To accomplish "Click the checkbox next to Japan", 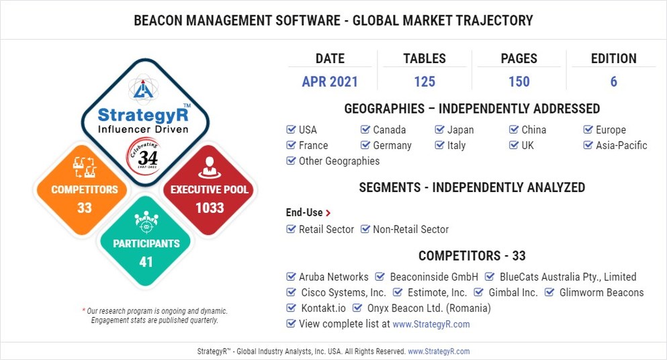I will point(440,130).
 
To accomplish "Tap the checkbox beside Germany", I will point(365,145).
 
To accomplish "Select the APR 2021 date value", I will point(330,82).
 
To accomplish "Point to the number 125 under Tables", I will point(425,82).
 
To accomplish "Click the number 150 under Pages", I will point(519,82).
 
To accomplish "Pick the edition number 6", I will point(613,82).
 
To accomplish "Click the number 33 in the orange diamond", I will point(84,208).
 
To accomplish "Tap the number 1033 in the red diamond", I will point(209,208).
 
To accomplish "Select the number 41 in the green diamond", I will point(146,262).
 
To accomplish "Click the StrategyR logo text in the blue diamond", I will point(142,114).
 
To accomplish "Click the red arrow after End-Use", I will point(328,213).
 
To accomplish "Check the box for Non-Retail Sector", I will point(365,229).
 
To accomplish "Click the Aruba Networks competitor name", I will point(333,277).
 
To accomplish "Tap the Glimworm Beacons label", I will point(601,292).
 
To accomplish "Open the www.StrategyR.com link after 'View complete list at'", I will point(431,324).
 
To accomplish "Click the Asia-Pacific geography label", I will point(621,145).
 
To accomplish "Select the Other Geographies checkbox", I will point(291,161).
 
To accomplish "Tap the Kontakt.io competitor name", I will point(324,308).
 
